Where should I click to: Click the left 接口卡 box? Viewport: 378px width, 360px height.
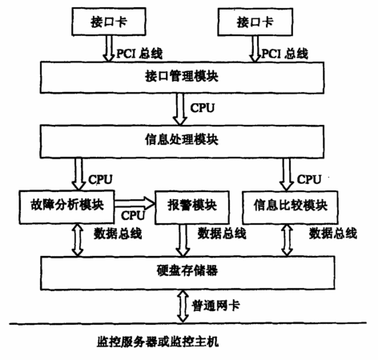(109, 22)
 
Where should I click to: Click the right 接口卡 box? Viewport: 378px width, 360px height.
(255, 22)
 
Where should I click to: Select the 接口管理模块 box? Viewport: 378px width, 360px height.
(182, 78)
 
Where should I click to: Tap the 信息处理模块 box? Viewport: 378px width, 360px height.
(182, 142)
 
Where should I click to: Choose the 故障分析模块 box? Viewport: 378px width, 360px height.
(66, 207)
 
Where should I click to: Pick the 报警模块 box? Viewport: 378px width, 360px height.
(192, 207)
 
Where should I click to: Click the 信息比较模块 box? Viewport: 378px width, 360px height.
(290, 207)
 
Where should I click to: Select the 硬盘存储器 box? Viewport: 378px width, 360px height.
(187, 273)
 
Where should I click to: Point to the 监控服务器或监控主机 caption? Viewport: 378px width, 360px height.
(158, 342)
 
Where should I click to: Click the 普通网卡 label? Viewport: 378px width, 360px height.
(215, 306)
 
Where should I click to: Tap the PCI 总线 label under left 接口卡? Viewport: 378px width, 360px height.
(139, 54)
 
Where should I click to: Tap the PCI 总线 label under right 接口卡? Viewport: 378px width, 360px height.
(284, 54)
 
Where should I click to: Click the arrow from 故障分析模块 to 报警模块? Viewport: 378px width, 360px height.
(135, 203)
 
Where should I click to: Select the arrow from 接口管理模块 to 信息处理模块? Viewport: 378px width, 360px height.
(180, 110)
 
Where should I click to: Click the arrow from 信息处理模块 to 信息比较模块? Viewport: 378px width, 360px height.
(287, 174)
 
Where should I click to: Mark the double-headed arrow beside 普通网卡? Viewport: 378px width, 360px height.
(183, 306)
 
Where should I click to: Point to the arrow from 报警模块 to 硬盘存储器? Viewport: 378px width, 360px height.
(183, 240)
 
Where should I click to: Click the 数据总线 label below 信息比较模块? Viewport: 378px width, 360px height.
(333, 234)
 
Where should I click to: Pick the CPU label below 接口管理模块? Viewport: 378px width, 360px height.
(203, 108)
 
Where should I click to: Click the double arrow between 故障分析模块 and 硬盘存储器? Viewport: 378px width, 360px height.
(78, 240)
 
